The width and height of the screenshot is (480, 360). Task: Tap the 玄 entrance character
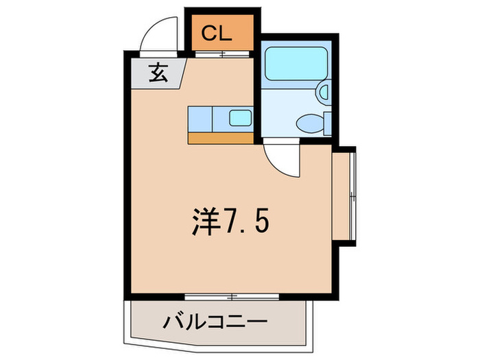[158, 72]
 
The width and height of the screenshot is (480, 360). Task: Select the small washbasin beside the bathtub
[325, 91]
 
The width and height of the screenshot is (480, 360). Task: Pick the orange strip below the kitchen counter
[221, 137]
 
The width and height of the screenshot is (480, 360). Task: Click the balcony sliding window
[232, 296]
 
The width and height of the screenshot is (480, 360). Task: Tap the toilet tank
[328, 123]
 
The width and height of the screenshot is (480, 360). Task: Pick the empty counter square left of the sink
[200, 118]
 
